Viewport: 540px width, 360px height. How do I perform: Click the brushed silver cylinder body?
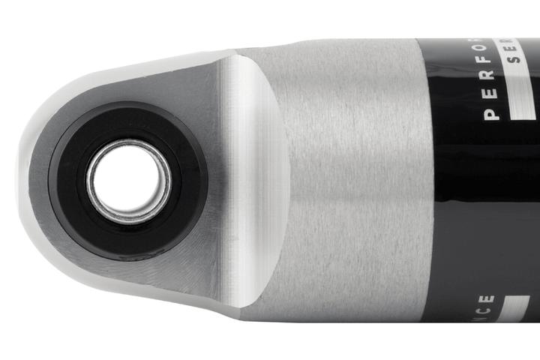pyautogui.click(x=352, y=180)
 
